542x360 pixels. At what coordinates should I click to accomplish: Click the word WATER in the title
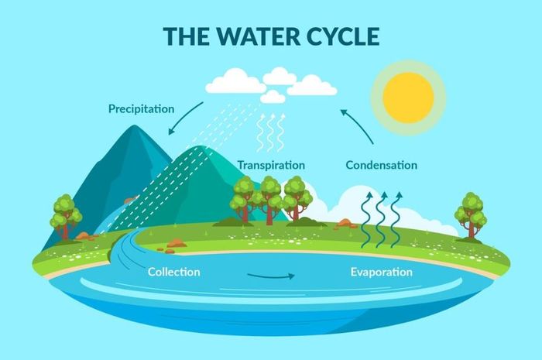258,36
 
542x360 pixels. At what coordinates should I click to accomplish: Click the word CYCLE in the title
343,36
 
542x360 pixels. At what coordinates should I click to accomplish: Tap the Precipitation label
141,109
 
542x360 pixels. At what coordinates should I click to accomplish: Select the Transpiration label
271,165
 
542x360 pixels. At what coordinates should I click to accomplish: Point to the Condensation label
381,165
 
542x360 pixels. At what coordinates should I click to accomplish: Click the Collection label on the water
174,272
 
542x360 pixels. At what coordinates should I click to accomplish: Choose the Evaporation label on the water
381,273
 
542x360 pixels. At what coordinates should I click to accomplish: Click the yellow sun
408,98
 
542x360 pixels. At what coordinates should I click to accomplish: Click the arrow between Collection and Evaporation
271,276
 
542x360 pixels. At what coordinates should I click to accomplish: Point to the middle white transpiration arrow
271,132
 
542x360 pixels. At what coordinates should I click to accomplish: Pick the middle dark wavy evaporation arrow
381,220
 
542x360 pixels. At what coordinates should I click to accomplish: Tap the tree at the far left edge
66,217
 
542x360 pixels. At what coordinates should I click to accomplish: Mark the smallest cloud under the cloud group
273,97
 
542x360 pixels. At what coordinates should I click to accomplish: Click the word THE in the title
187,36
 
